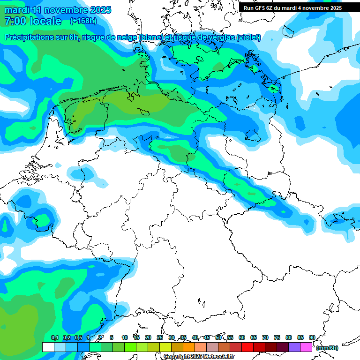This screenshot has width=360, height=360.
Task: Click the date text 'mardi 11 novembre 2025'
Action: tap(58, 10)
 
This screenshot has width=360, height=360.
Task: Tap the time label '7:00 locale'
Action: tap(33, 21)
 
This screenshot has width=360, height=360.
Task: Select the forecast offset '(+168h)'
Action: tap(83, 21)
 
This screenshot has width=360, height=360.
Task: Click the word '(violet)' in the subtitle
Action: tap(248, 37)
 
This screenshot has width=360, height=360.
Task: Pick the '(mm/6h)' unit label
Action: tap(327, 348)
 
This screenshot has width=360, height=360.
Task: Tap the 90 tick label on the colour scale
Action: tap(312, 337)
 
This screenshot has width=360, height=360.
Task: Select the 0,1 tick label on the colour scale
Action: tap(55, 337)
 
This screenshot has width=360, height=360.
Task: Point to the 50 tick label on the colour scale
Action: tap(218, 337)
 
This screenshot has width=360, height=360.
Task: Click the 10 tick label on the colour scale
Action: tap(125, 337)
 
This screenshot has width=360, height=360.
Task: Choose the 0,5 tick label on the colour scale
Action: tap(78, 337)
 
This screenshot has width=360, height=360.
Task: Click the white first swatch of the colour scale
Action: tap(48, 347)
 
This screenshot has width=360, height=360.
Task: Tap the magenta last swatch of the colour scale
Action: tap(306, 347)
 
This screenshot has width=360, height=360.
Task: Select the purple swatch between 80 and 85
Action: tap(294, 347)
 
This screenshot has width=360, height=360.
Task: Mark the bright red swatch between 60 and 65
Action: tap(247, 347)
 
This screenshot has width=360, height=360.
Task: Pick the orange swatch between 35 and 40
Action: tap(189, 347)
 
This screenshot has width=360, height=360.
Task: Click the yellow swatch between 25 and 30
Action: tap(165, 347)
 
